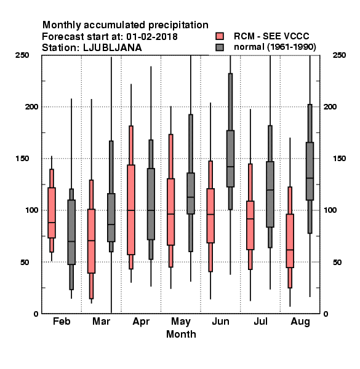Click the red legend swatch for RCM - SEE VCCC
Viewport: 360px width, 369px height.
click(220, 36)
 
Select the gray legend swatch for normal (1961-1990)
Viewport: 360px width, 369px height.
click(220, 47)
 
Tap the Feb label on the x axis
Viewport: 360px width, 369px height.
click(62, 321)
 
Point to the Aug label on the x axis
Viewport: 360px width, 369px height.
click(300, 322)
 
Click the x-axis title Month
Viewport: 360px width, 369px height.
click(181, 334)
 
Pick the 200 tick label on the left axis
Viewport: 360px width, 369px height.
click(31, 106)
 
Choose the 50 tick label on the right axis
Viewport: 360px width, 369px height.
click(337, 262)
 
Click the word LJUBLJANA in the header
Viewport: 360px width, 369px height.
click(113, 48)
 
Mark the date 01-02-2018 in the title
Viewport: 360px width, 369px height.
click(152, 37)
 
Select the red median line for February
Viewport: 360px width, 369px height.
click(52, 223)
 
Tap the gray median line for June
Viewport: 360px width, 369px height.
click(231, 167)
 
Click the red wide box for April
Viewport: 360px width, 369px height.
click(131, 210)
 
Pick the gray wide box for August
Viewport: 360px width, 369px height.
click(310, 172)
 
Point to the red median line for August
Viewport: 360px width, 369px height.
click(290, 250)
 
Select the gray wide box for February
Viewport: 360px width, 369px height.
click(71, 232)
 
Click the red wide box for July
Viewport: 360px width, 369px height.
click(250, 225)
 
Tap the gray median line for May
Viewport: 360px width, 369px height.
click(191, 197)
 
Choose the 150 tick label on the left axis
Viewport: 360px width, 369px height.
click(22, 159)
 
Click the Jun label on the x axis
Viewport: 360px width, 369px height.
click(220, 321)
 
